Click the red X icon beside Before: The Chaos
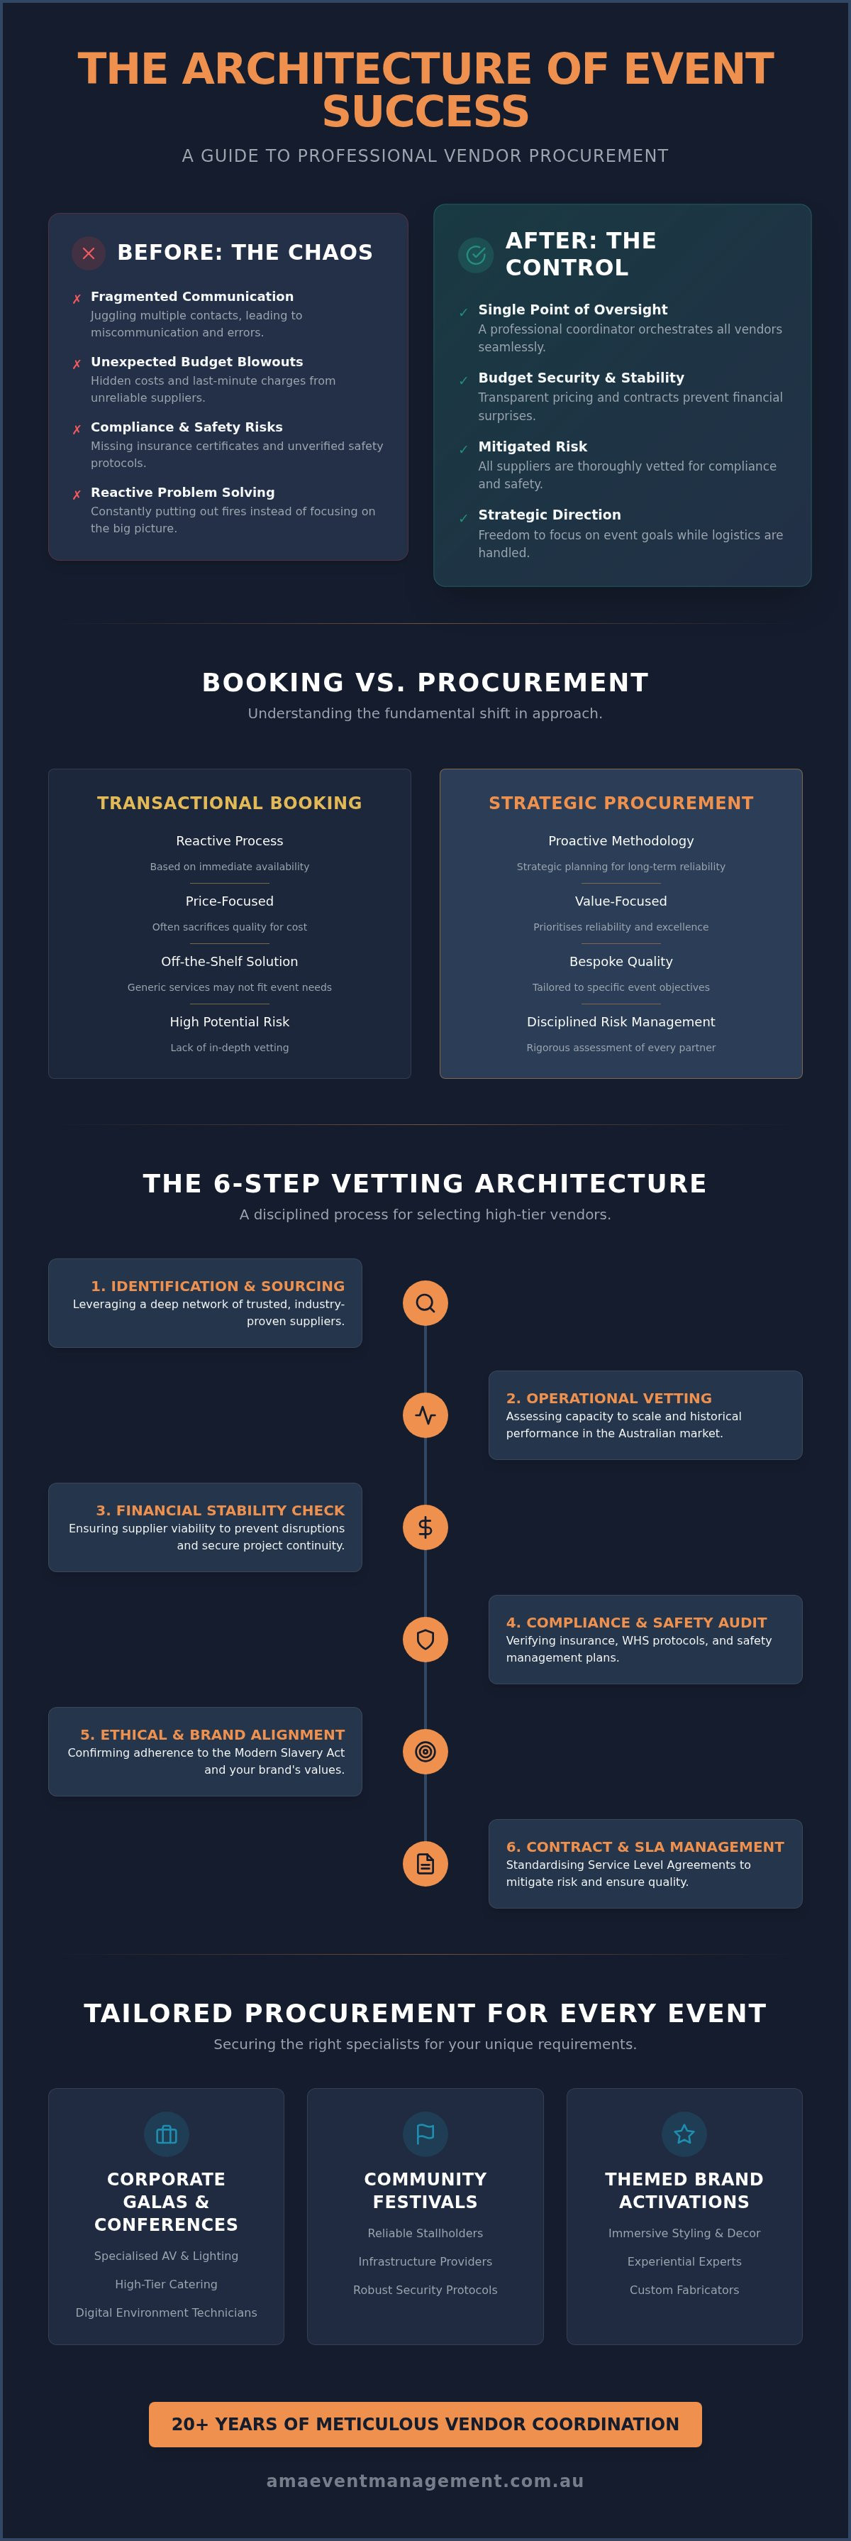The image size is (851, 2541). (89, 253)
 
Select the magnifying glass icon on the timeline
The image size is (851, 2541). (425, 1303)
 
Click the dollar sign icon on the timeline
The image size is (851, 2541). (425, 1527)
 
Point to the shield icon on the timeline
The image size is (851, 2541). (425, 1640)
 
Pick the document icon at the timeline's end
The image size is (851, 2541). (425, 1863)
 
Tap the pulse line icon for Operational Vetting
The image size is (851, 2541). (425, 1415)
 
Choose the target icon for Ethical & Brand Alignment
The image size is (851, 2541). (425, 1752)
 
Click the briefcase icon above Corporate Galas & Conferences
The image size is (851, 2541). (167, 2134)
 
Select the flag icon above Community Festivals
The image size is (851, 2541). (425, 2134)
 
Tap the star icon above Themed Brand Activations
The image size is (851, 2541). (684, 2134)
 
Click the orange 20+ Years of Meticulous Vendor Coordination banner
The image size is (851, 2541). (425, 2425)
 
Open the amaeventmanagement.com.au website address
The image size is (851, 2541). (425, 2481)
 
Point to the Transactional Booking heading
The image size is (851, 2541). (230, 803)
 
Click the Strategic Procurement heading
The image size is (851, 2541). (621, 803)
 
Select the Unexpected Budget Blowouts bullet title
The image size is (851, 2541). (197, 362)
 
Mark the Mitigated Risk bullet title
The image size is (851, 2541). (533, 447)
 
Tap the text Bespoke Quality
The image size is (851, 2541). (621, 962)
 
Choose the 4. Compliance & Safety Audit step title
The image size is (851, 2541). (636, 1623)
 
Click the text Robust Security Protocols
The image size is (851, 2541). (425, 2290)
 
